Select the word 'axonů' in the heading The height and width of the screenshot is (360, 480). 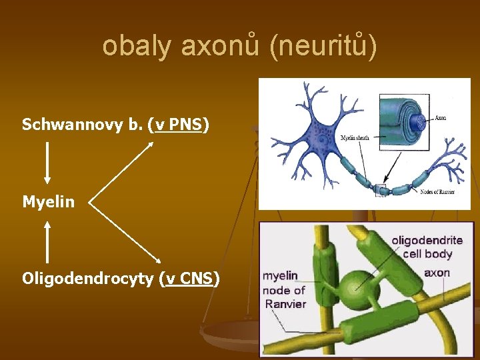[213, 46]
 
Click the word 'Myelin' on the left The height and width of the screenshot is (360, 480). [49, 201]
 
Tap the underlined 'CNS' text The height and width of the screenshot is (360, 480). [197, 278]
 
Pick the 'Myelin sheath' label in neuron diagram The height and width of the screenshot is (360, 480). [355, 138]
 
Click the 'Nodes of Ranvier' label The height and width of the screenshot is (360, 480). [438, 191]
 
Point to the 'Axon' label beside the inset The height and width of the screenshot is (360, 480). [441, 118]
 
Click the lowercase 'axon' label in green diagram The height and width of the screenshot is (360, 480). [437, 272]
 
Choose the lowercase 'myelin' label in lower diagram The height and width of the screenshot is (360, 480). [280, 275]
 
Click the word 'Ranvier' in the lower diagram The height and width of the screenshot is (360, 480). [285, 304]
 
